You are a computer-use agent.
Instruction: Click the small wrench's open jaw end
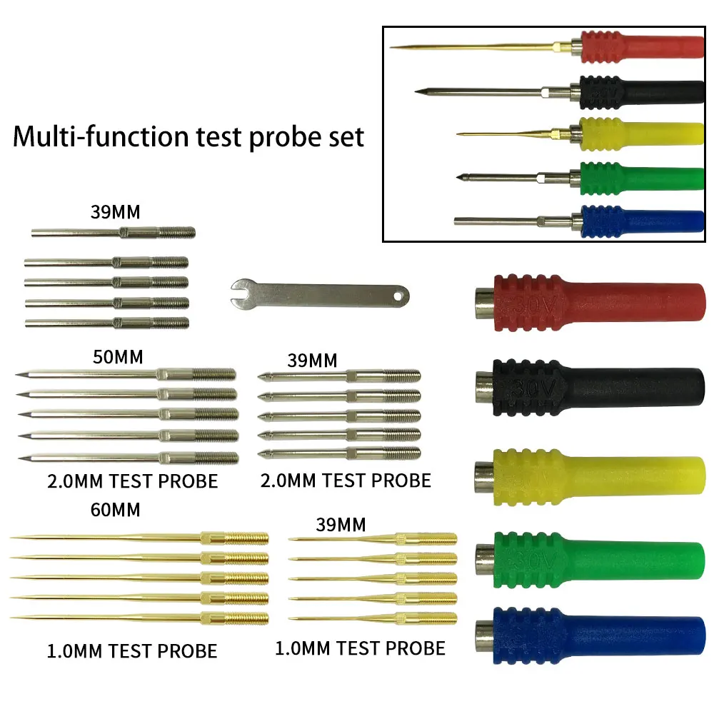(241, 289)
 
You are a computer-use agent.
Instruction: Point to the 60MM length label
(116, 510)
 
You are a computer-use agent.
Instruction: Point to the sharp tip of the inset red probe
(392, 47)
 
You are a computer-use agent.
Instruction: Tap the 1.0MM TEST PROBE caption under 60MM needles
(132, 650)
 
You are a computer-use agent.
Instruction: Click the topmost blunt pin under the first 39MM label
(113, 233)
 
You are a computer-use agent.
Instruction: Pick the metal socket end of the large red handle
(483, 301)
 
